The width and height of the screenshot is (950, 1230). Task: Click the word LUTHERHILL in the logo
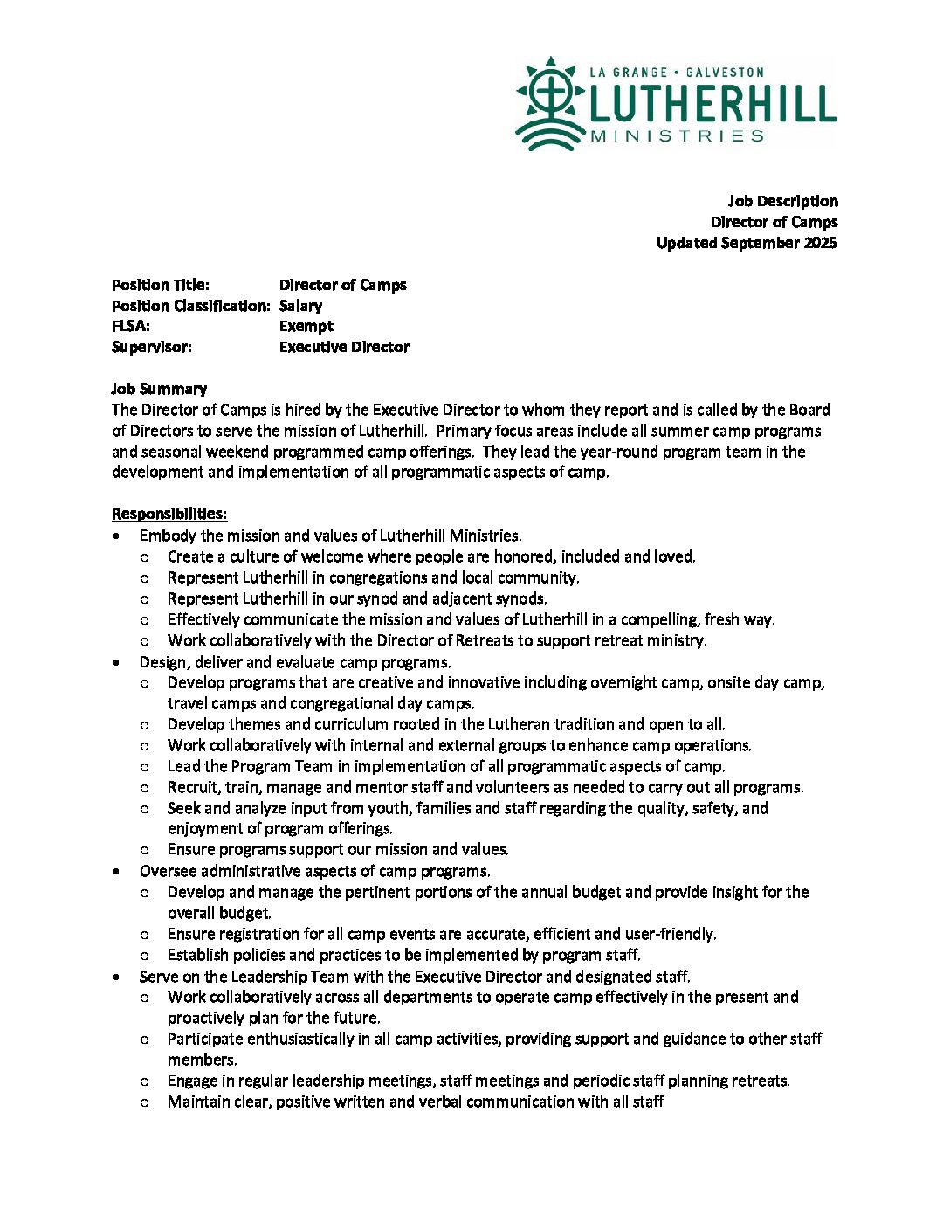click(x=713, y=104)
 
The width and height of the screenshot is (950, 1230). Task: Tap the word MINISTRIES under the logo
click(x=678, y=136)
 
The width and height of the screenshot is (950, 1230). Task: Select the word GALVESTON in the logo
click(x=725, y=73)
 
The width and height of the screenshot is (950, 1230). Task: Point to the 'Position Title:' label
click(x=161, y=285)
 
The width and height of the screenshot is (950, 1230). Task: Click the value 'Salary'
click(x=300, y=306)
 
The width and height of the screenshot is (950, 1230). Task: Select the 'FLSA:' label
click(x=131, y=326)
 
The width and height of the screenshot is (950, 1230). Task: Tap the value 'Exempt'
click(x=306, y=326)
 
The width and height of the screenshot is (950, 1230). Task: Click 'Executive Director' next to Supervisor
click(x=344, y=347)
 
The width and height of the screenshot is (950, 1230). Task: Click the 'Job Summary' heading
click(x=159, y=389)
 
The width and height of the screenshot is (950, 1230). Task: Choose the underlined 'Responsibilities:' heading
click(x=169, y=514)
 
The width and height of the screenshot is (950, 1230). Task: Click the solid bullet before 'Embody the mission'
click(x=117, y=536)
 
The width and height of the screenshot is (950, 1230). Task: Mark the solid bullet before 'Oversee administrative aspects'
click(x=117, y=872)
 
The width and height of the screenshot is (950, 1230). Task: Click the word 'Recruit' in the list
click(x=192, y=787)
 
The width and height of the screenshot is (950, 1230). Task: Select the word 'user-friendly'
click(x=670, y=934)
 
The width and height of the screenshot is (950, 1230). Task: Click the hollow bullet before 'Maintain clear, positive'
click(x=145, y=1102)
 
